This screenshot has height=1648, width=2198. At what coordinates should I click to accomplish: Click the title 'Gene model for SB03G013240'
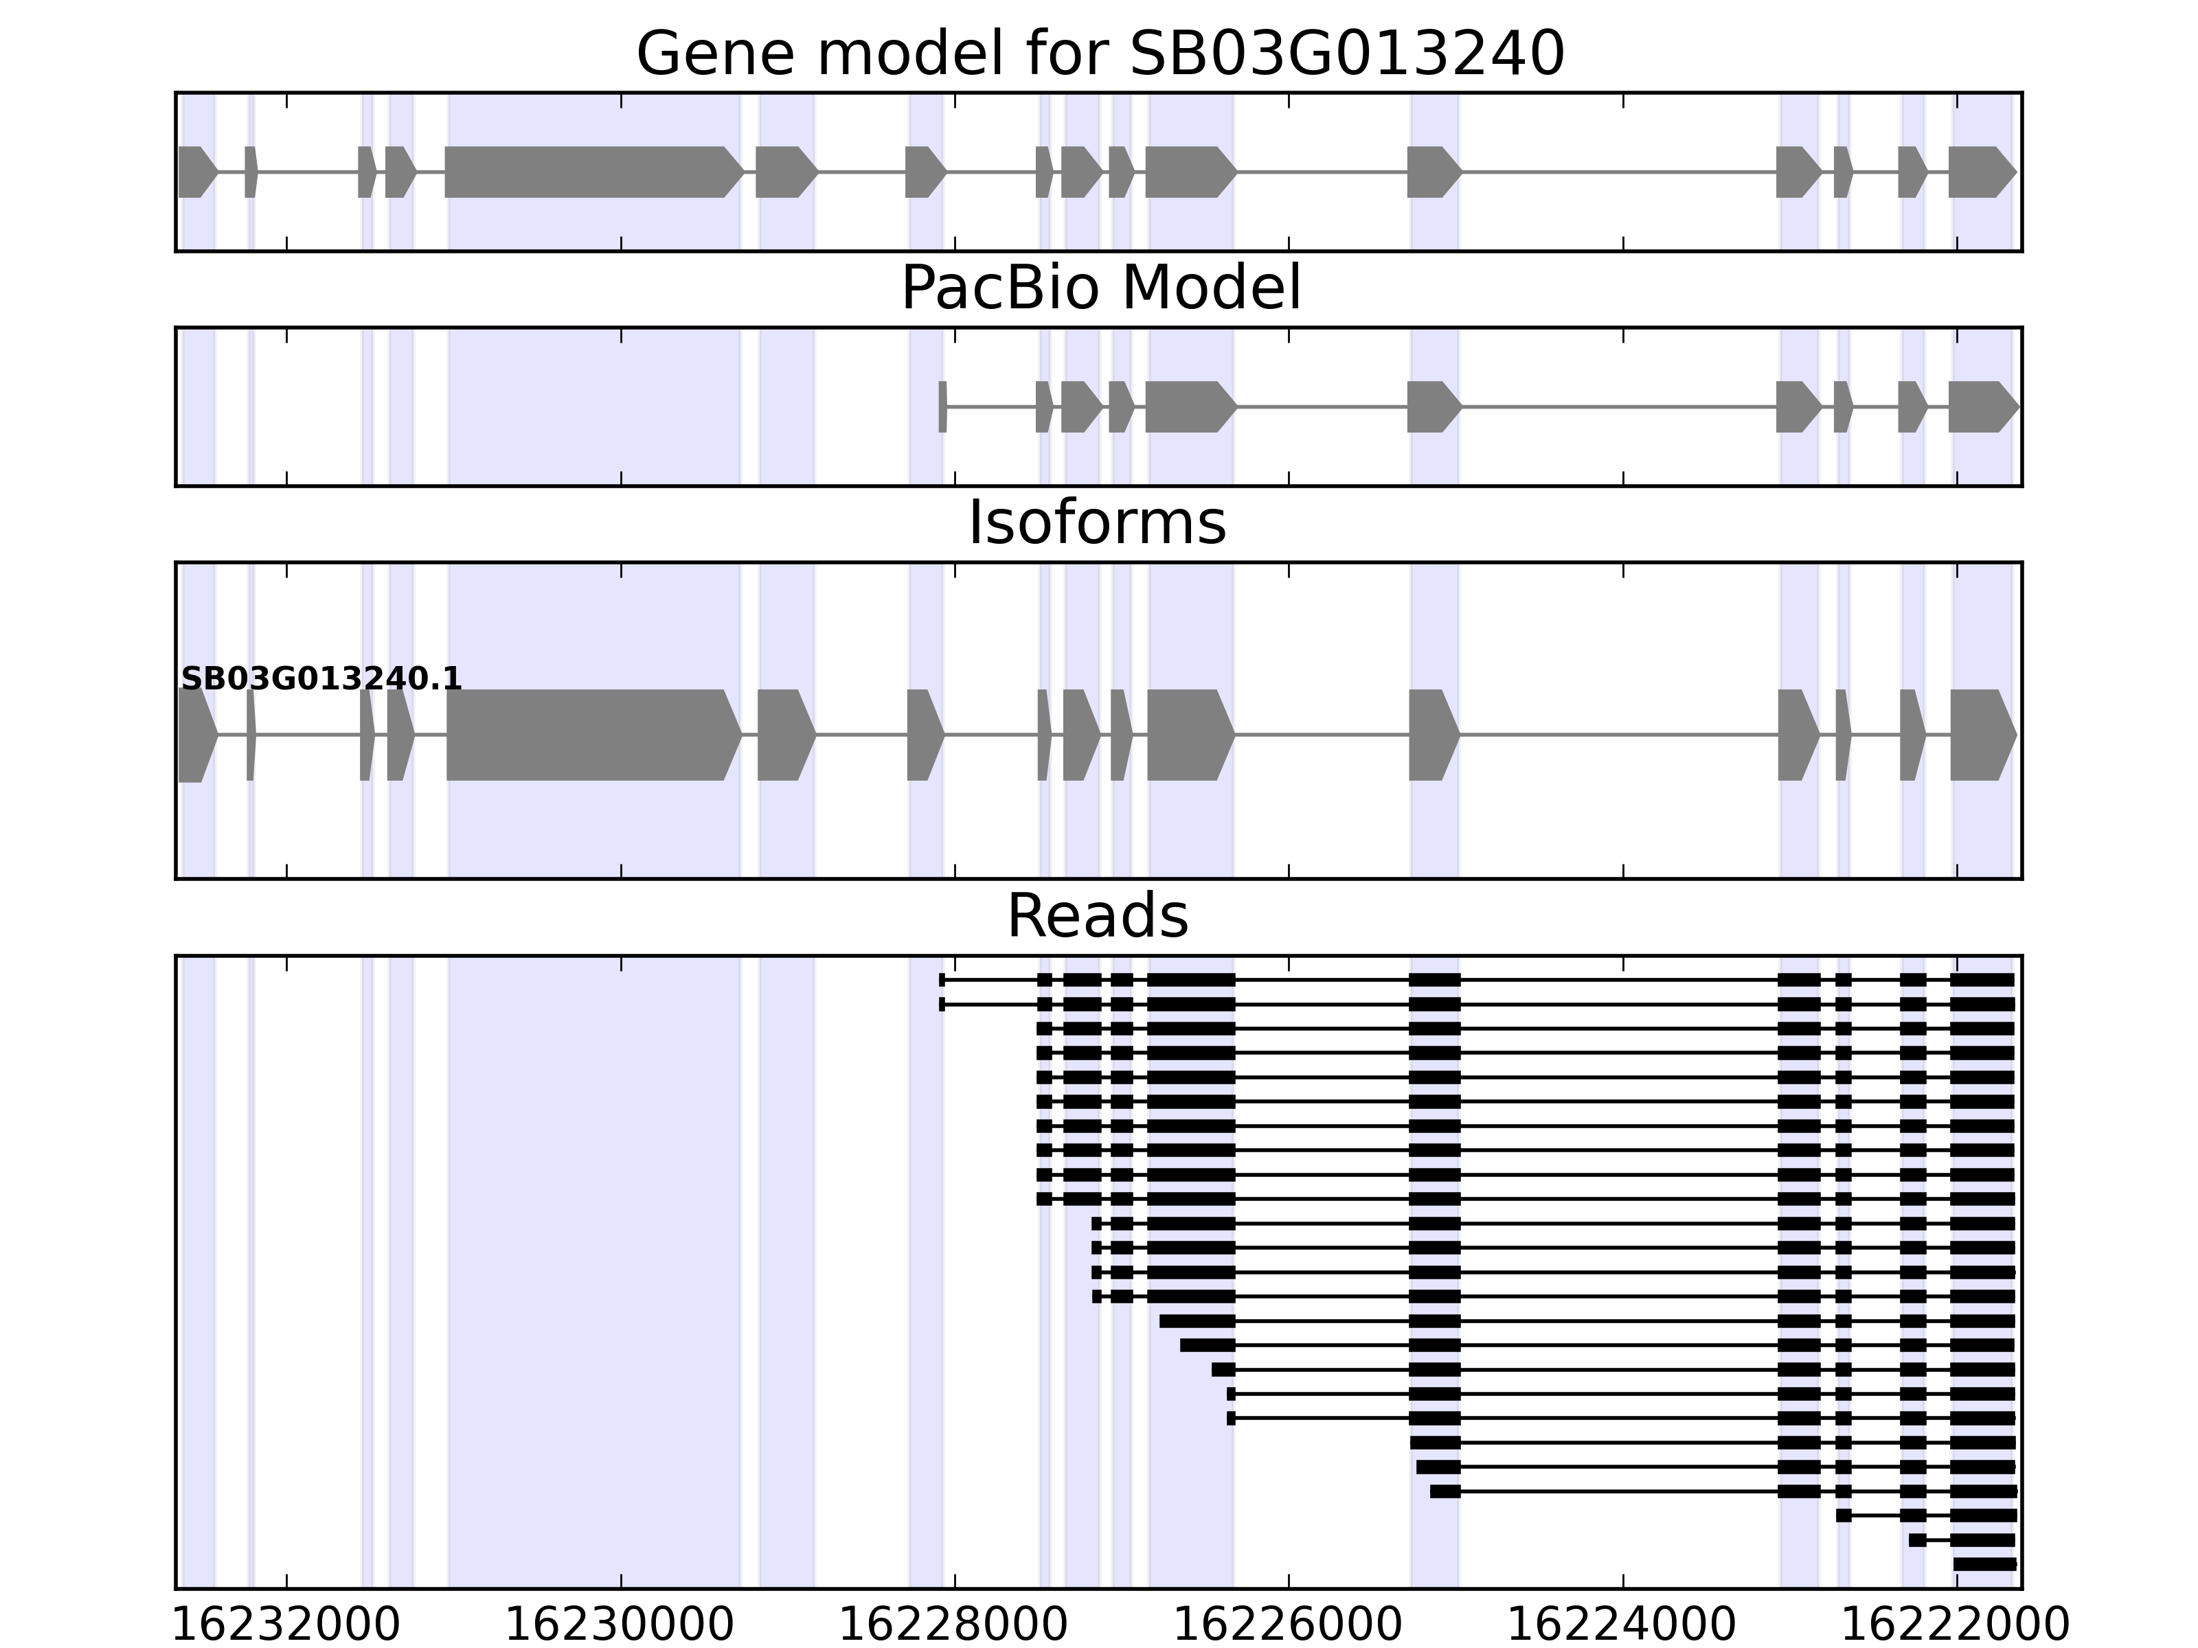pos(1100,54)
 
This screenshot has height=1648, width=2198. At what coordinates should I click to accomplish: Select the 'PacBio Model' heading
pos(1100,288)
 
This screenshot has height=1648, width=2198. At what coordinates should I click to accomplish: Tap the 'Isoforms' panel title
pos(1097,523)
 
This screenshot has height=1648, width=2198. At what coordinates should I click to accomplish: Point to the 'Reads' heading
pos(1097,916)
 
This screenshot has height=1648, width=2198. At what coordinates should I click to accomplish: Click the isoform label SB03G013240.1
pos(321,678)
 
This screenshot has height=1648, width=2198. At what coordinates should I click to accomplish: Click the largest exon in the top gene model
pos(592,172)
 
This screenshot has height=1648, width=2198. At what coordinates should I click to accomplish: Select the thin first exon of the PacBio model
pos(942,407)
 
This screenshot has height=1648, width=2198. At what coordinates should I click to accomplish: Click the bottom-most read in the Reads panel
pos(1984,1564)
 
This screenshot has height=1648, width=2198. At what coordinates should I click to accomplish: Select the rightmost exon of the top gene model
pos(1980,172)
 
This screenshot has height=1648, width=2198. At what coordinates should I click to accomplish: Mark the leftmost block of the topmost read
pos(942,979)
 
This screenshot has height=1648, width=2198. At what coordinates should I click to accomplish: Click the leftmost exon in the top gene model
pos(196,172)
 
